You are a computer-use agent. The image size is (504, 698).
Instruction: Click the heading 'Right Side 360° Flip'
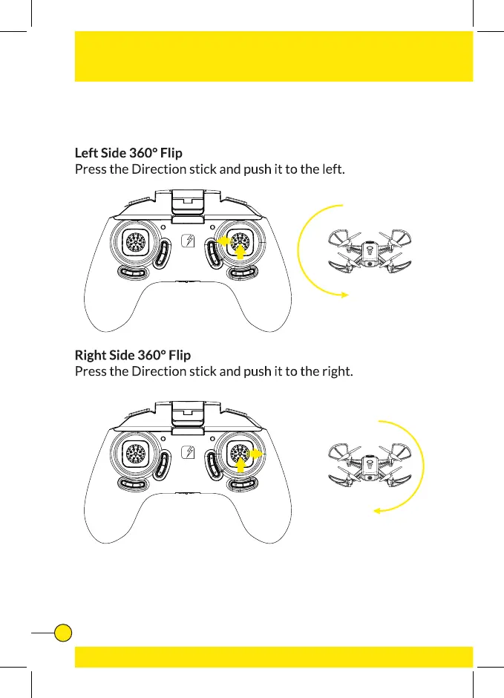click(132, 355)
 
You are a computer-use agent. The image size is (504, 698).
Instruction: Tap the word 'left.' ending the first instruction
click(331, 169)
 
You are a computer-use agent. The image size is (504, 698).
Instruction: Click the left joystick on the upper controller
click(135, 241)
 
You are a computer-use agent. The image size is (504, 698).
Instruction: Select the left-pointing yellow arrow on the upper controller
click(223, 241)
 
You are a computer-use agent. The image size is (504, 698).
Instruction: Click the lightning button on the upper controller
click(188, 242)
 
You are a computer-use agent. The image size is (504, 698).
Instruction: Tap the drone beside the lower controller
click(371, 466)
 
